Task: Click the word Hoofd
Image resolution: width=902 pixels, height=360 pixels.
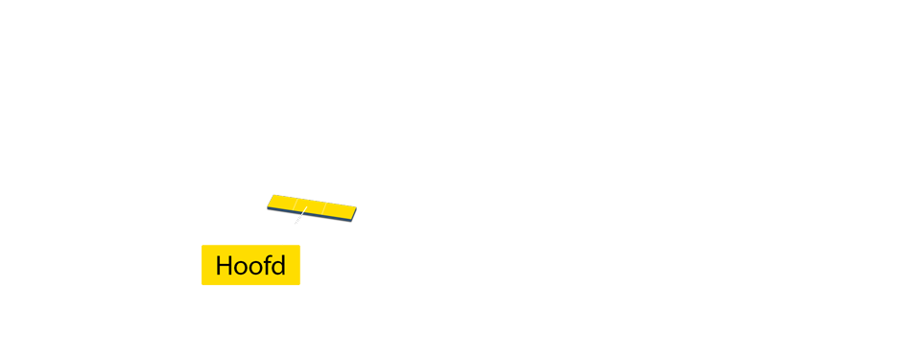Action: coord(250,266)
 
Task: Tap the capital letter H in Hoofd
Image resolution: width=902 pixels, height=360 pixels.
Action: coord(224,266)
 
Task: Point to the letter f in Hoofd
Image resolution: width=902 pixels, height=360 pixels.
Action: coord(265,265)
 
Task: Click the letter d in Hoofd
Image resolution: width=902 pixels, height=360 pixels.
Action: coord(277,266)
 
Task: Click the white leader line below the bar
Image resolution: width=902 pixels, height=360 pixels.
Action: coord(299,217)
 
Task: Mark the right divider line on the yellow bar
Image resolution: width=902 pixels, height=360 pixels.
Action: coord(325,207)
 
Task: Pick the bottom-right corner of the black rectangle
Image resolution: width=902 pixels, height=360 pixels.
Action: coord(357,223)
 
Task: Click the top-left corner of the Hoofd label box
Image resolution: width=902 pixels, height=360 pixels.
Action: coord(202,246)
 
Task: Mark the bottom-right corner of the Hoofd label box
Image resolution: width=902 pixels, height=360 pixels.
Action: coord(299,284)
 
